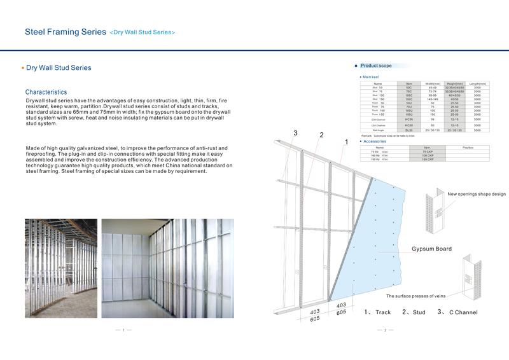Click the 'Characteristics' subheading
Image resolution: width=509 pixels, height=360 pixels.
click(46, 92)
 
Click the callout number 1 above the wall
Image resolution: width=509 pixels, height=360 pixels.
click(345, 142)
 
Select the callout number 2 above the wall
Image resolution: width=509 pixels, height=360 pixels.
click(322, 135)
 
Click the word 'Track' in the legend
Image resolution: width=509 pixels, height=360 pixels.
click(383, 313)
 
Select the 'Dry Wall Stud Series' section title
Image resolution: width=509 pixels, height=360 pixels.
click(59, 67)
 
